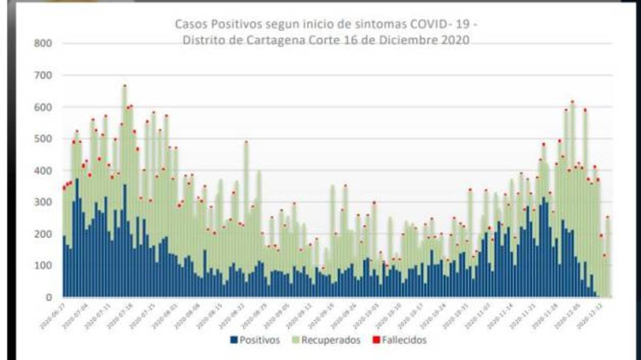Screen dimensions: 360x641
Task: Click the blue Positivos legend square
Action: (234, 340)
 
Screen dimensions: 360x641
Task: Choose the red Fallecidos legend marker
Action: (376, 340)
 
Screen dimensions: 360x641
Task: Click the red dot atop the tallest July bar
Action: (124, 85)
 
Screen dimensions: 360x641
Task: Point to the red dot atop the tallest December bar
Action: (572, 101)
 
